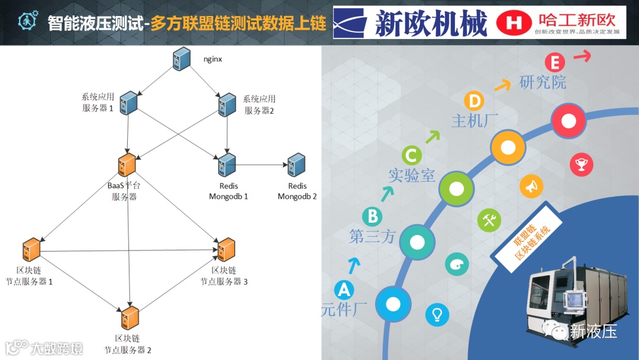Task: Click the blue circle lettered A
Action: point(343,290)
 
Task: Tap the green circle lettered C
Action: point(412,156)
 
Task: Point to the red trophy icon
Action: point(581,165)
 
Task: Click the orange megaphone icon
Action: point(531,187)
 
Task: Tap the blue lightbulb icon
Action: point(437,313)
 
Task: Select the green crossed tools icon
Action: point(489,220)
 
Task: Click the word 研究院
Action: point(543,82)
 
